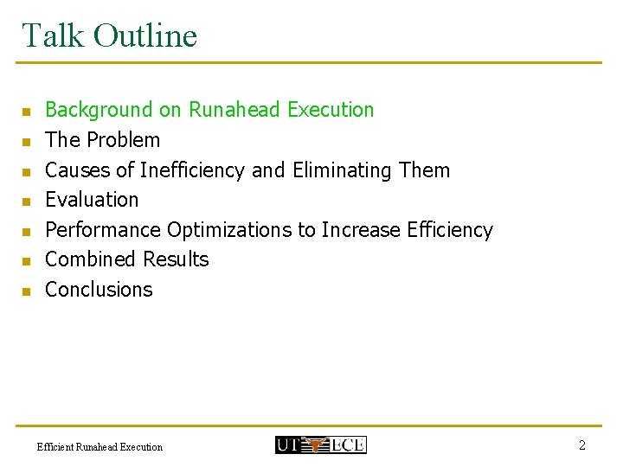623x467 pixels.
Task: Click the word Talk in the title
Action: click(51, 35)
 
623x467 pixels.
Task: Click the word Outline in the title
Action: click(145, 35)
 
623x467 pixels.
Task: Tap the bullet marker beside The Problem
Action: click(27, 141)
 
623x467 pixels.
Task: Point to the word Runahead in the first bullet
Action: click(234, 110)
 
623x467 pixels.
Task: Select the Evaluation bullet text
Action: click(92, 200)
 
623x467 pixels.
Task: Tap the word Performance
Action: click(103, 230)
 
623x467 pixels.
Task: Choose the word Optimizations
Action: click(241, 230)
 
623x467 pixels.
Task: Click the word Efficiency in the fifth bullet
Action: click(449, 230)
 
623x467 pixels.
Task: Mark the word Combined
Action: click(91, 259)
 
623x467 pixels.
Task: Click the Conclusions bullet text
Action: click(99, 290)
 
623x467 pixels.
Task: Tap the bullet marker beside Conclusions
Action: click(27, 291)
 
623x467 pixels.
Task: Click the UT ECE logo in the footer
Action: click(320, 445)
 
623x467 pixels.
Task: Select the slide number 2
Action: click(582, 445)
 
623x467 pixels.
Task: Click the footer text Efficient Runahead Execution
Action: click(100, 447)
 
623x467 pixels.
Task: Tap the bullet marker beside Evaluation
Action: click(27, 202)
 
